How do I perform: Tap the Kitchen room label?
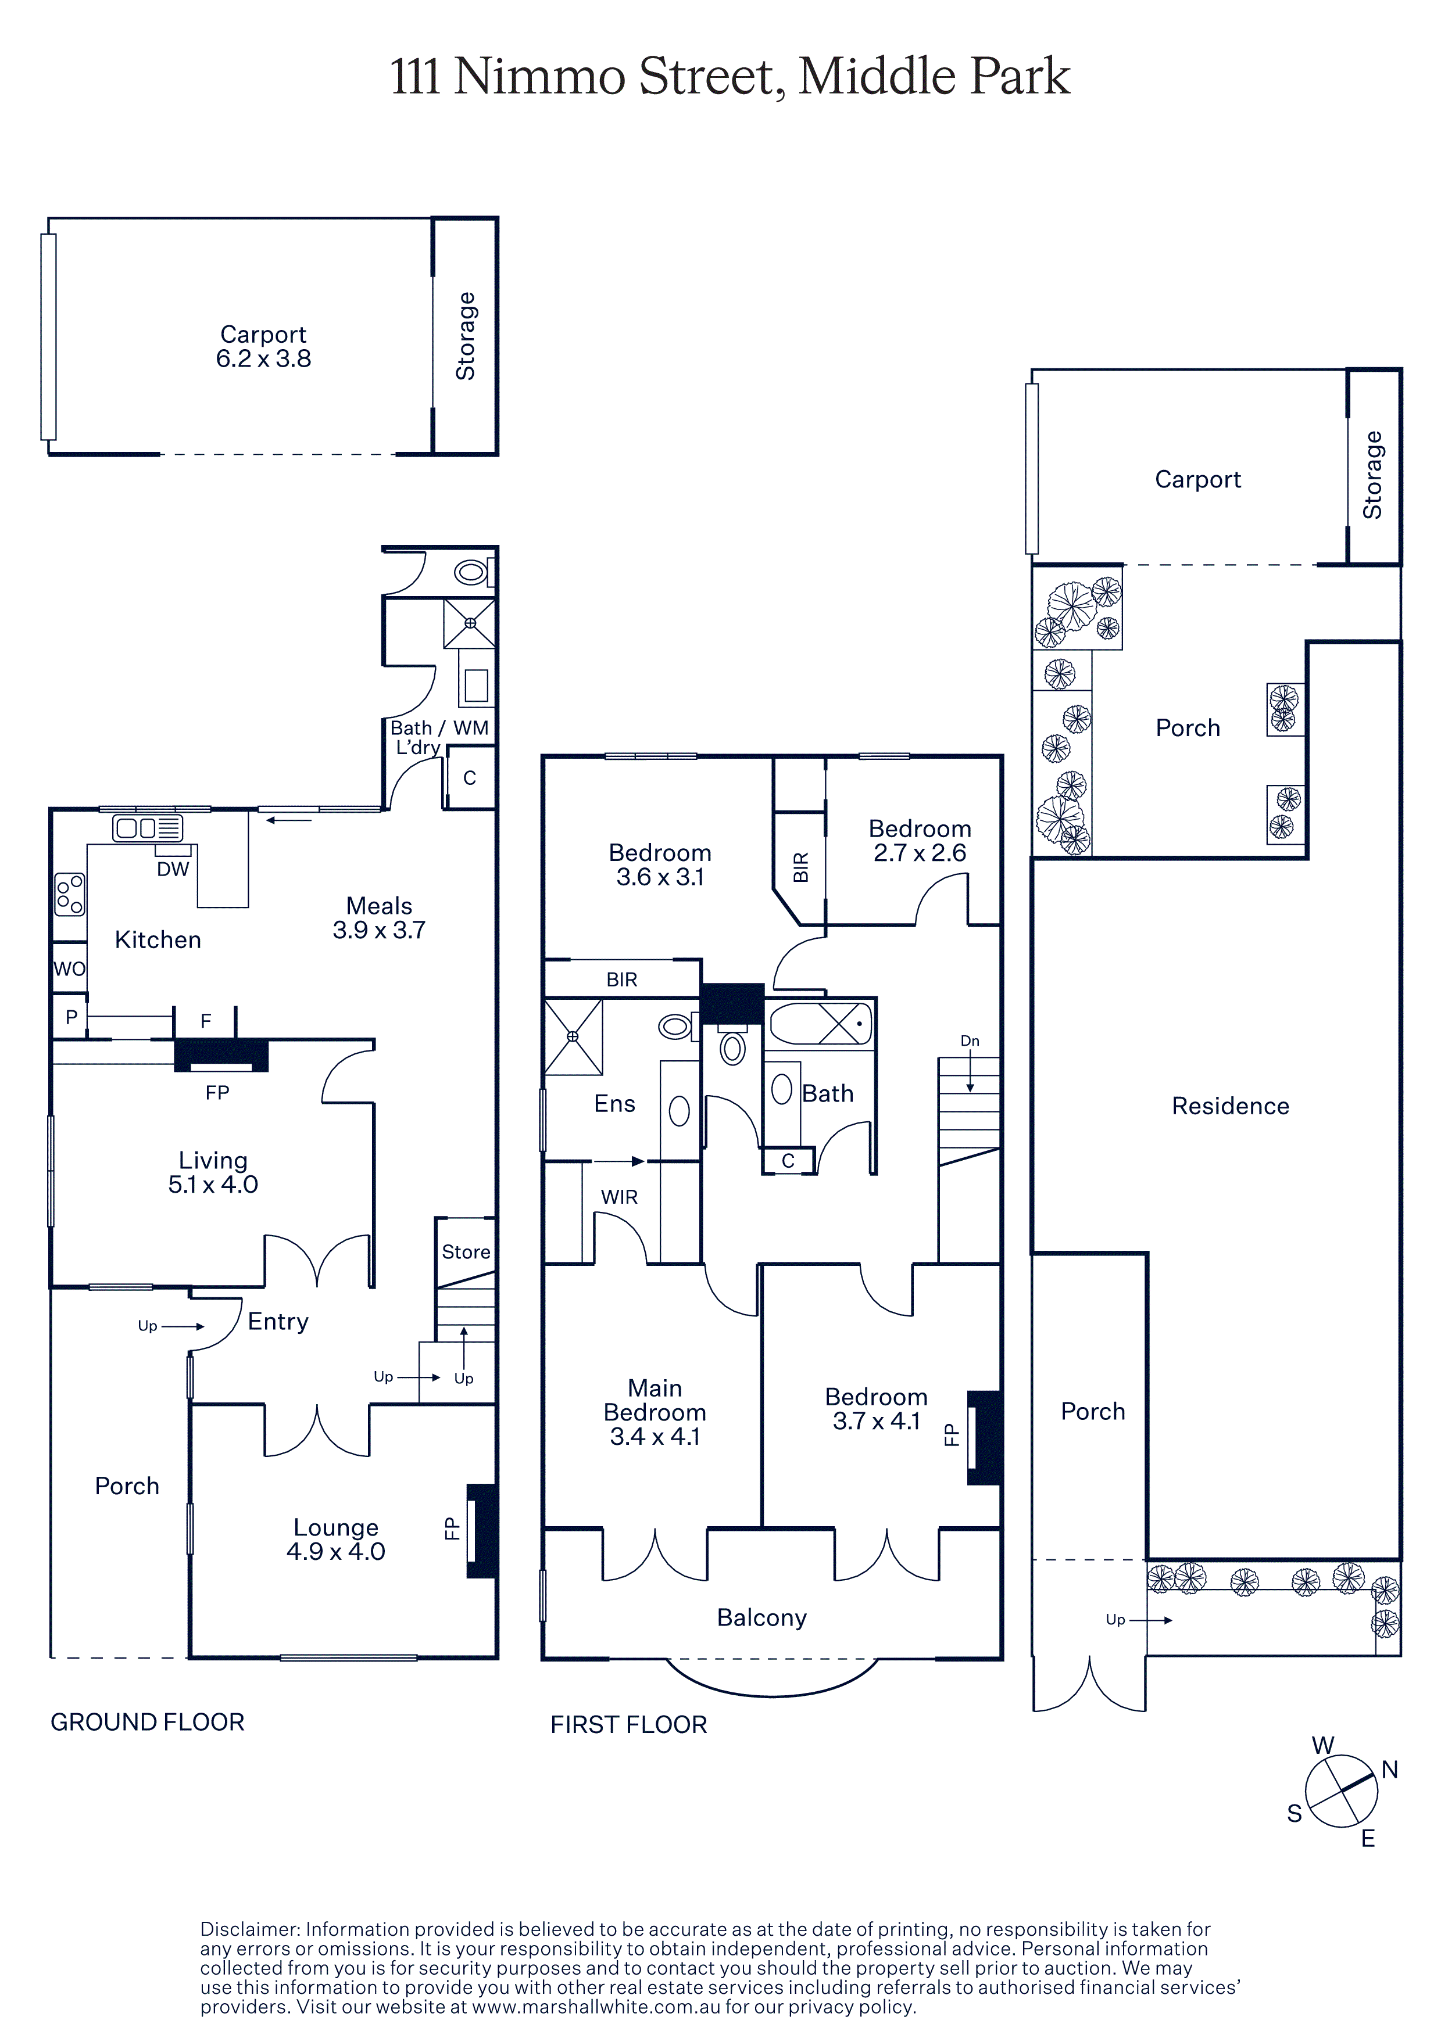pos(158,940)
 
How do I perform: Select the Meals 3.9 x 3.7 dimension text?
pos(379,930)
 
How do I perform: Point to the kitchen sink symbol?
pos(148,828)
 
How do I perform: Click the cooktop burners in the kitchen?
pos(69,894)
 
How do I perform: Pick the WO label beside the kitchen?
pos(69,968)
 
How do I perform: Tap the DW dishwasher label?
pos(173,870)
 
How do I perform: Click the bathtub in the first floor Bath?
pos(820,1024)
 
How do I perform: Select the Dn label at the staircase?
pos(970,1041)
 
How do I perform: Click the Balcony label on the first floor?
pos(762,1617)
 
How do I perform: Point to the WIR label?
pos(619,1197)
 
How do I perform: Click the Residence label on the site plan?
pos(1231,1106)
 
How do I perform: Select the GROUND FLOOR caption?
pos(148,1722)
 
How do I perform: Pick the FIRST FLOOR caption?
pos(628,1725)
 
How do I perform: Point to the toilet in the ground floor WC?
pos(471,572)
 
